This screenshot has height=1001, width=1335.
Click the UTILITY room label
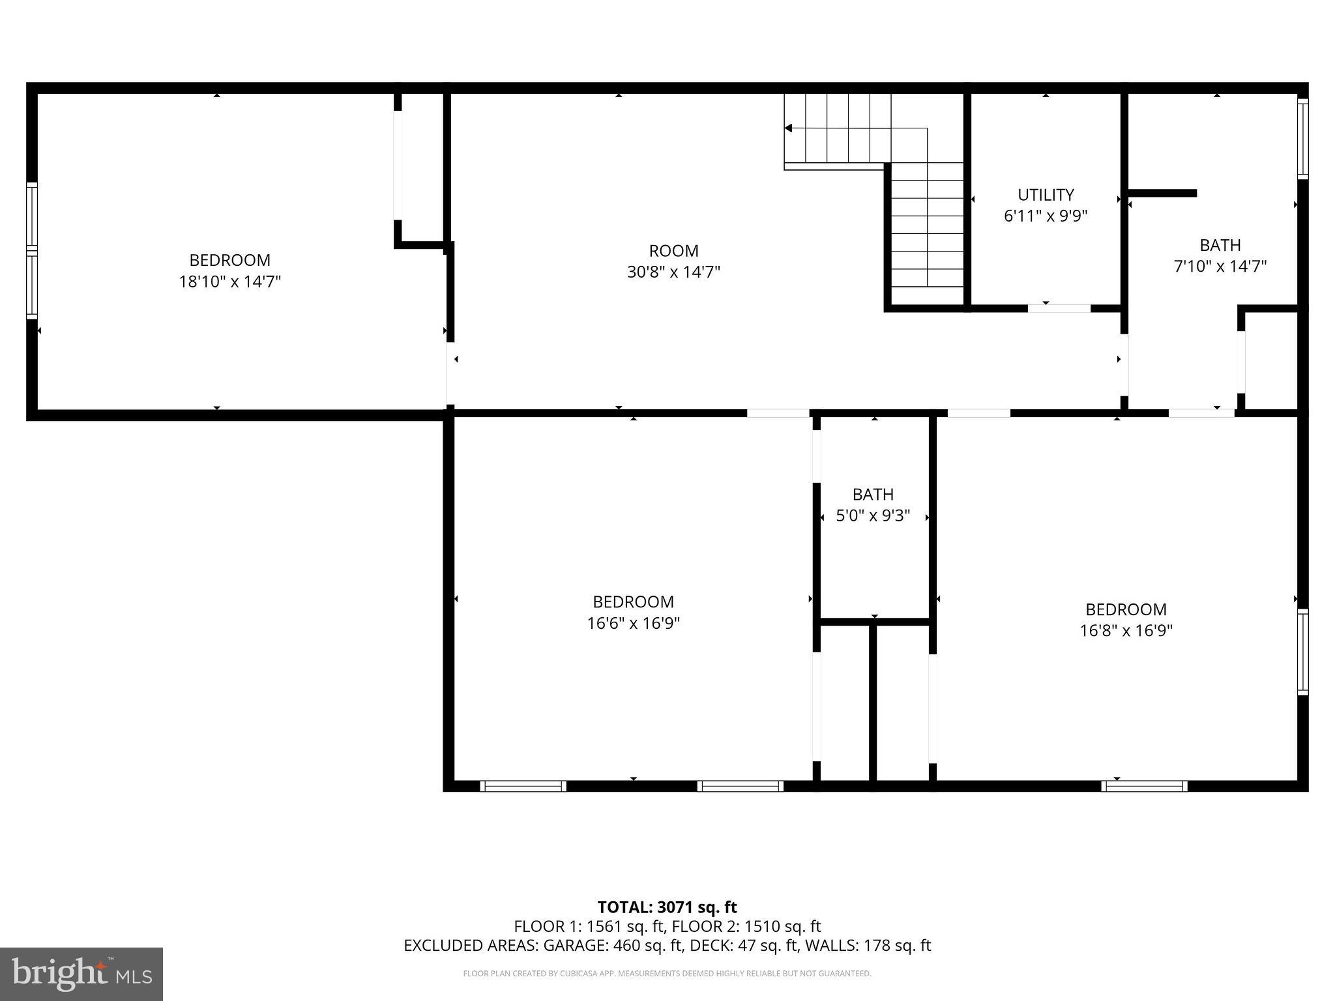(1046, 195)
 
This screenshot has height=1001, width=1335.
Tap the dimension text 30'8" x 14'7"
(673, 272)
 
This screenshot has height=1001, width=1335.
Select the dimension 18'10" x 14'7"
(230, 282)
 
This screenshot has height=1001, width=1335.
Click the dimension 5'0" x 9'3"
(873, 516)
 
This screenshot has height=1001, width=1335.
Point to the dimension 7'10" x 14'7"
(1220, 266)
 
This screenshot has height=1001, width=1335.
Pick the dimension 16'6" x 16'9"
(633, 623)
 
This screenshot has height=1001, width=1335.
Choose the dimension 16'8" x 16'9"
(1126, 630)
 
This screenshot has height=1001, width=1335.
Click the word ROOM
(673, 251)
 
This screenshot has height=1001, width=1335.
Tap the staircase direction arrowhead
(788, 128)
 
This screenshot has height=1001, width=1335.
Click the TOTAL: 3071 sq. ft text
(667, 907)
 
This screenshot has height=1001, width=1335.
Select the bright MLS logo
(81, 974)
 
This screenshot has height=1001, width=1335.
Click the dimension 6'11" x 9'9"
(1046, 216)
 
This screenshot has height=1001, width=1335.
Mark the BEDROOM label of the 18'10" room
(230, 260)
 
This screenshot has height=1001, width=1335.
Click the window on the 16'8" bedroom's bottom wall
(1144, 786)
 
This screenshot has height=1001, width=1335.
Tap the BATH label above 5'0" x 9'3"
(873, 495)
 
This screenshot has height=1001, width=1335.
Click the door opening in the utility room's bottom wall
(1059, 308)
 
